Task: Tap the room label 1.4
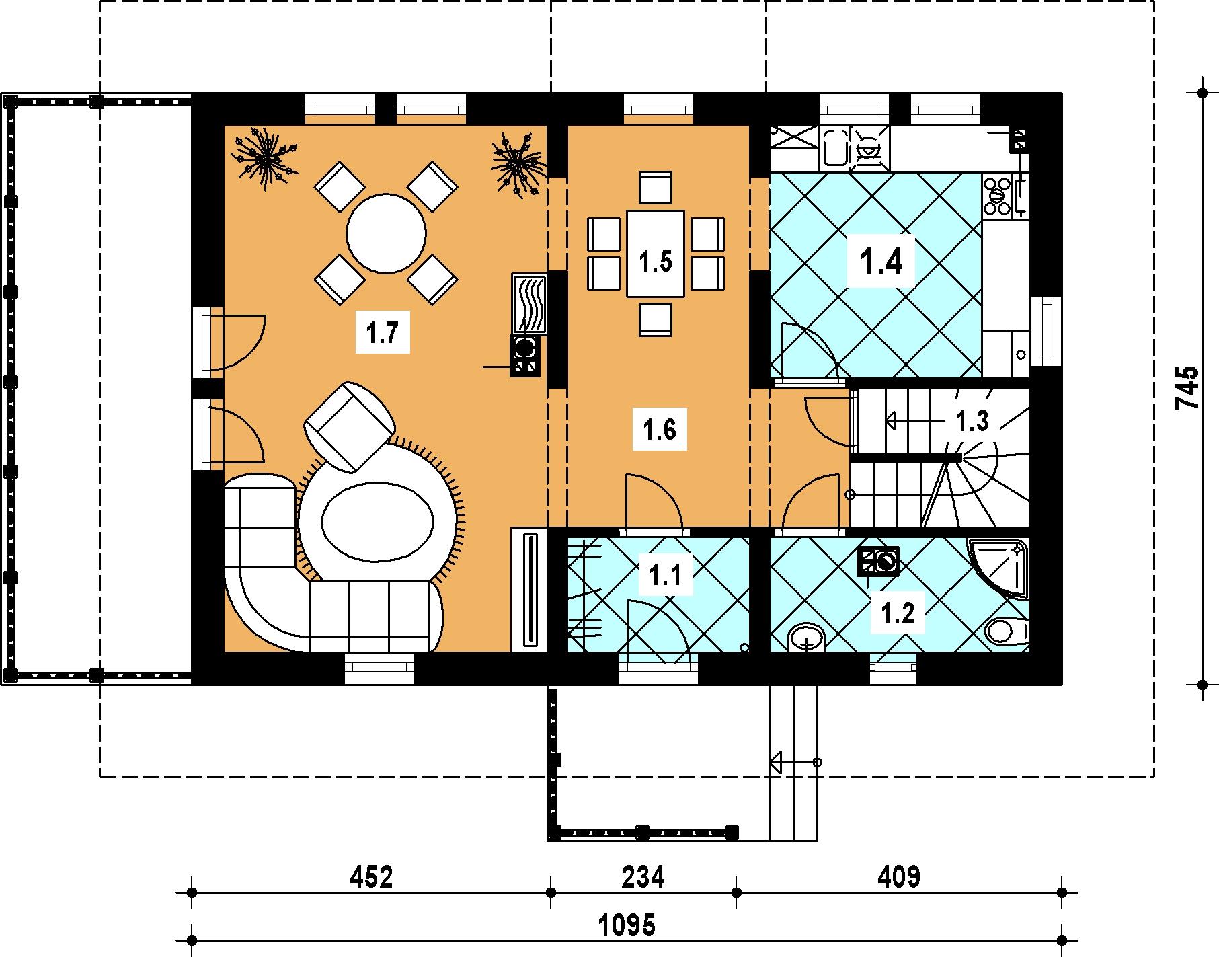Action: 881,262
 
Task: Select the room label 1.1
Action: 665,576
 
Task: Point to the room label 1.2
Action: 898,614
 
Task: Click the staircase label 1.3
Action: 972,422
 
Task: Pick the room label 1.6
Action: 660,429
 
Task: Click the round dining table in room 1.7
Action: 387,235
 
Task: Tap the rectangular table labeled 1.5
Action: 656,254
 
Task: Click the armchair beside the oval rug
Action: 350,427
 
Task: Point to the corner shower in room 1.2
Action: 998,567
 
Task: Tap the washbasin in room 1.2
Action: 806,637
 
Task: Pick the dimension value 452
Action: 370,877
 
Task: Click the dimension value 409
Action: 898,877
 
